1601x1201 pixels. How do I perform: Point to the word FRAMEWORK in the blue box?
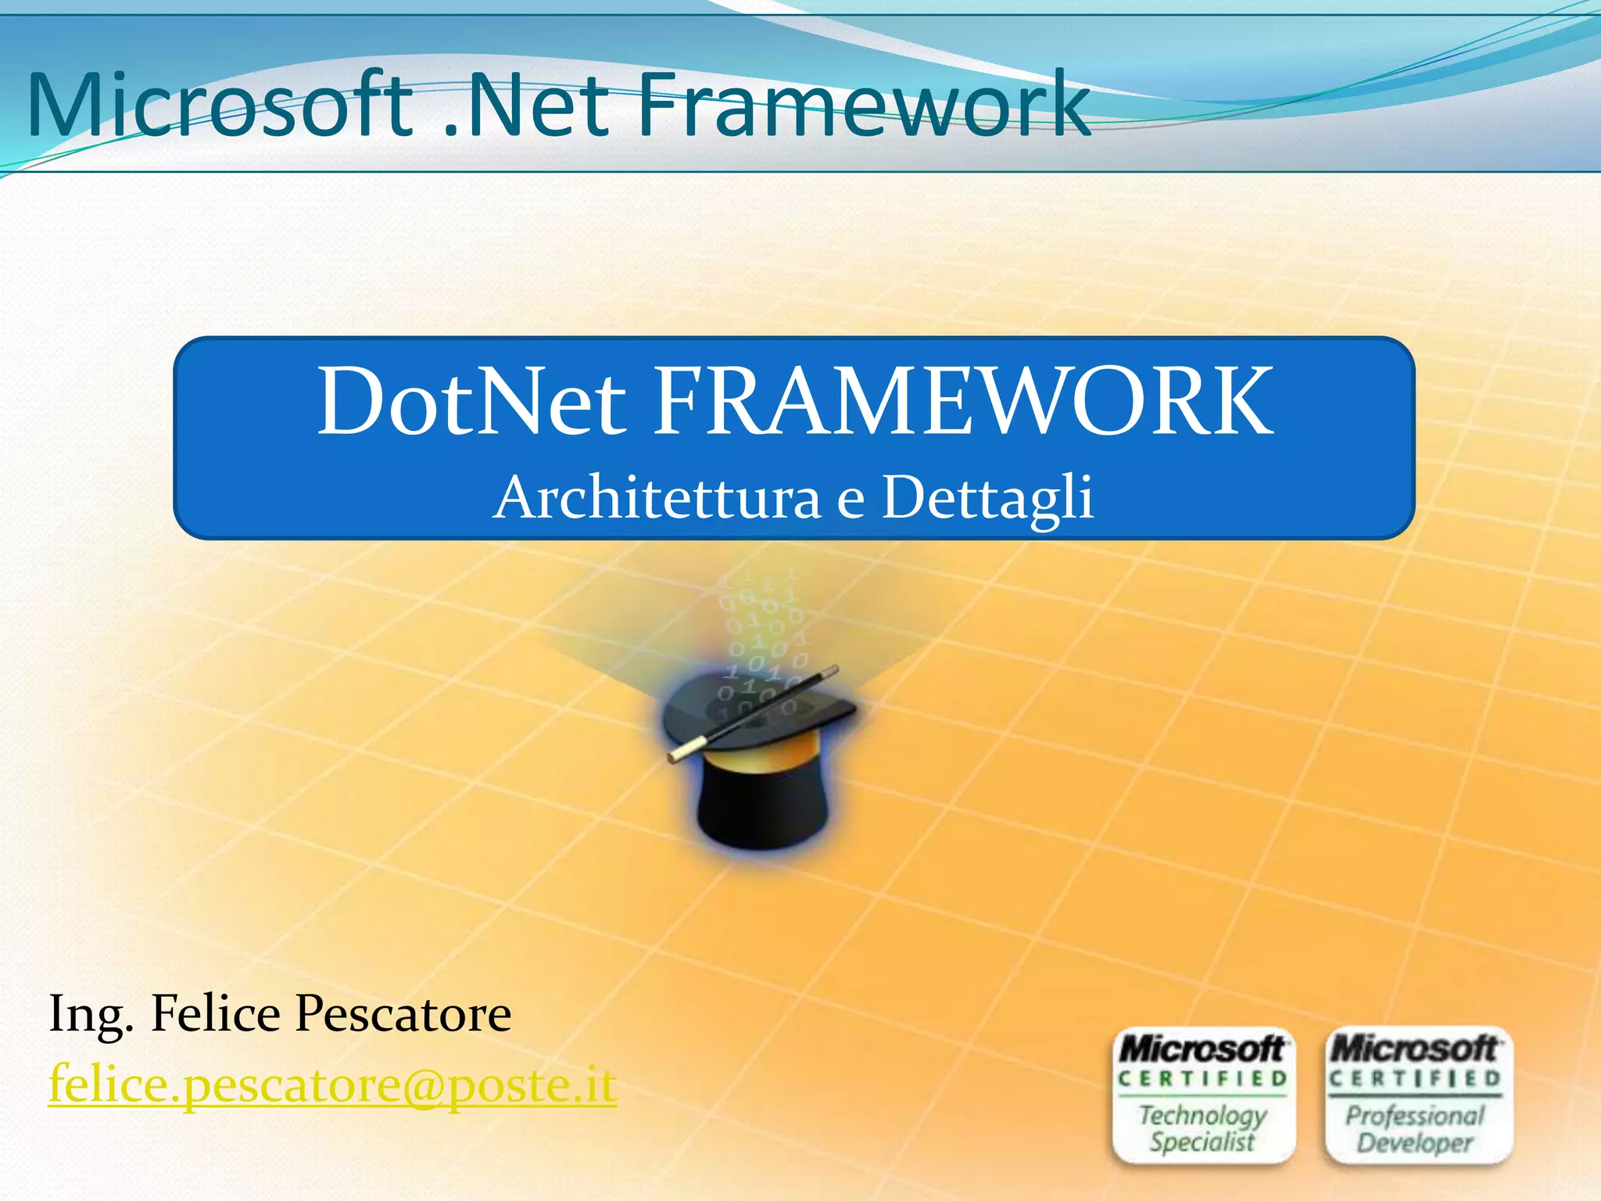[963, 402]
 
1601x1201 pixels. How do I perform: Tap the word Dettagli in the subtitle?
[987, 499]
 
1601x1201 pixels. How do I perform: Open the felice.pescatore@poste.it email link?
[333, 1084]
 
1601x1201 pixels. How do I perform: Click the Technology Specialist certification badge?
[1203, 1095]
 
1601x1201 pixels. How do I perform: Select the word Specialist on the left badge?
[1202, 1142]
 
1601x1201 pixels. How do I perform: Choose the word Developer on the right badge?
[1415, 1143]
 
